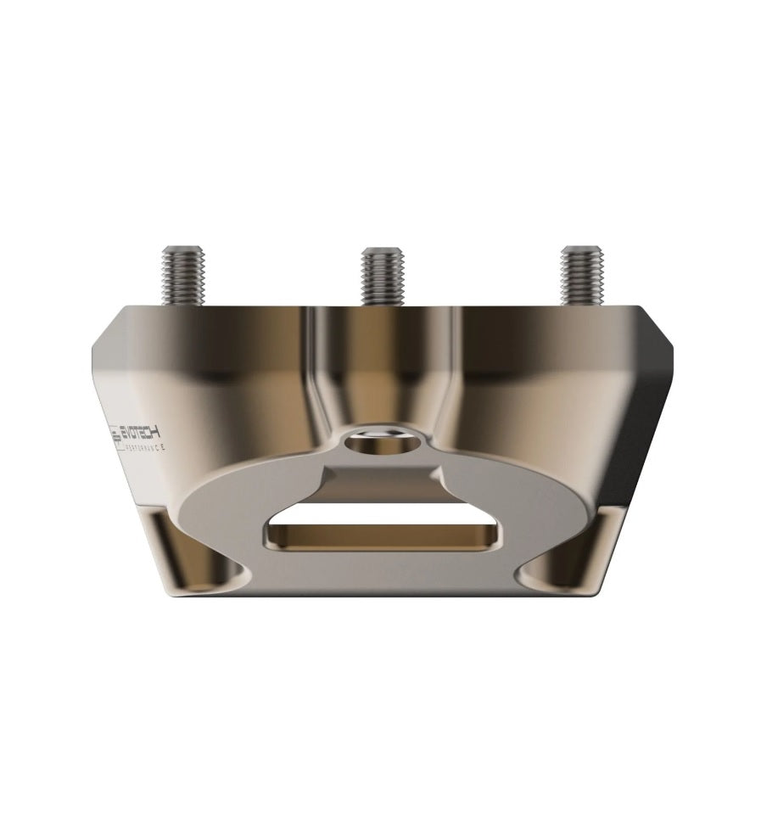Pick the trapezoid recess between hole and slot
(x=382, y=475)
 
